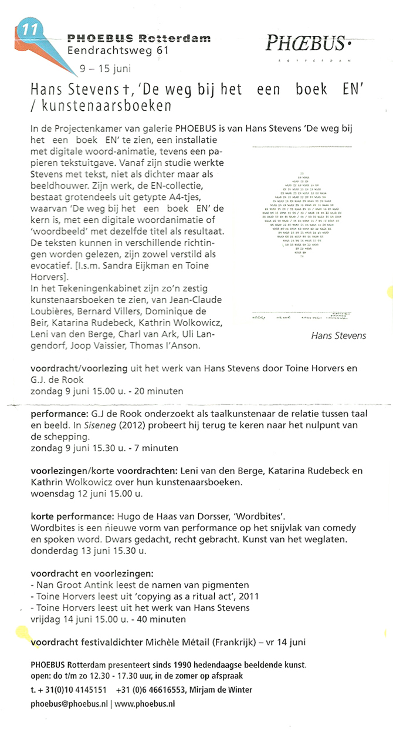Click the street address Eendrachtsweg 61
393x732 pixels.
118,51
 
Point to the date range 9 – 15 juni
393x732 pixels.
105,68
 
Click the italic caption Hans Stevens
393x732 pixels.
338,335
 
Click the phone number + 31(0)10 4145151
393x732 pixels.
69,689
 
